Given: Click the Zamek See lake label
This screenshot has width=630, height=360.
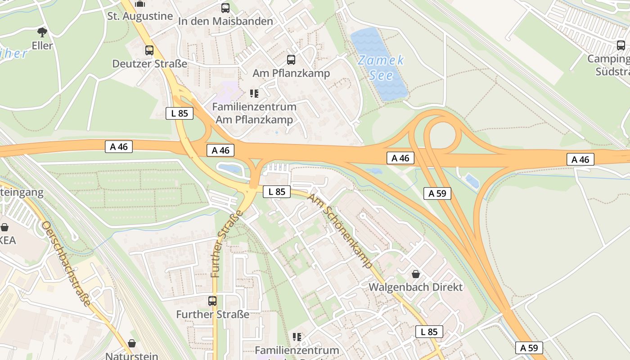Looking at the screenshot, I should pyautogui.click(x=381, y=67).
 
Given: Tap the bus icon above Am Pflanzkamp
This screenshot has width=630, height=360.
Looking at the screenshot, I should pyautogui.click(x=291, y=59).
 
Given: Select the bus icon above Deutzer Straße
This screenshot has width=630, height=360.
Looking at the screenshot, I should pyautogui.click(x=149, y=50).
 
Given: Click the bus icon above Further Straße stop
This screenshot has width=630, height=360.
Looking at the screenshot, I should pyautogui.click(x=212, y=301).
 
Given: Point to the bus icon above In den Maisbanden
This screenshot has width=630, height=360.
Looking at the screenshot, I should pyautogui.click(x=225, y=8).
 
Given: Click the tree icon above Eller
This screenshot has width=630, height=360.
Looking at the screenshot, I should pyautogui.click(x=42, y=32).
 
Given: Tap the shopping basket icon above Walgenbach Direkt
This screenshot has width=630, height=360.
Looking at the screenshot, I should pyautogui.click(x=416, y=274).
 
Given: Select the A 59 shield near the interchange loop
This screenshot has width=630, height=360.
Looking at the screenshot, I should pyautogui.click(x=437, y=193).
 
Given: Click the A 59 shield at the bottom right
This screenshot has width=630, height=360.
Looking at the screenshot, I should pyautogui.click(x=529, y=348).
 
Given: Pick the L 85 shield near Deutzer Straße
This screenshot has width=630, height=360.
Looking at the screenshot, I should pyautogui.click(x=180, y=113).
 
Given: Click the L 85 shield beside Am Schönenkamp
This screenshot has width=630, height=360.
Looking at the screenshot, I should pyautogui.click(x=277, y=192).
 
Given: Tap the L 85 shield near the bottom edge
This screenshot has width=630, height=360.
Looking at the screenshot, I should pyautogui.click(x=429, y=332).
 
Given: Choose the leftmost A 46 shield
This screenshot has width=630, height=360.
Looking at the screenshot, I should pyautogui.click(x=119, y=147).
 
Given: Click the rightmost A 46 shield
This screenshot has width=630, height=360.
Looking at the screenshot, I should pyautogui.click(x=580, y=159).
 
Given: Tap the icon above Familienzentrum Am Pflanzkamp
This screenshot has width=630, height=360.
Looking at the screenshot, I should pyautogui.click(x=254, y=94).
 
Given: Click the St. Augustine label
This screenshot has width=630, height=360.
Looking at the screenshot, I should pyautogui.click(x=140, y=16).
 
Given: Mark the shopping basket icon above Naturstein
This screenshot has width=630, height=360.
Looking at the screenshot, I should pyautogui.click(x=132, y=343).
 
